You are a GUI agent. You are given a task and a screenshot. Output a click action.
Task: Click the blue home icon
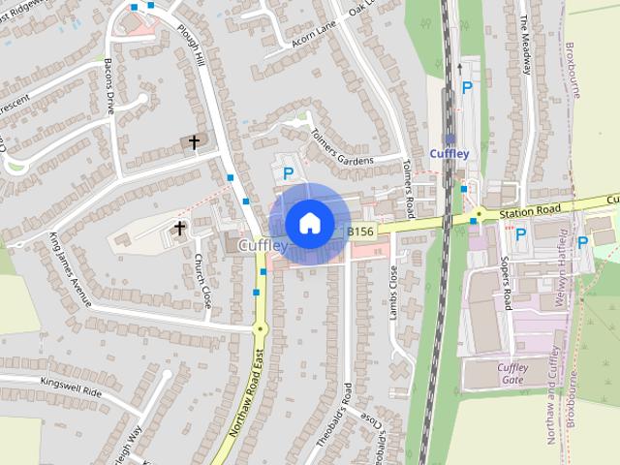[x=308, y=223]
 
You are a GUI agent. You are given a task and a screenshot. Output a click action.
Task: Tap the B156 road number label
[x=360, y=231]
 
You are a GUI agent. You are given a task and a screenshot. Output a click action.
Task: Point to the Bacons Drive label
[x=110, y=86]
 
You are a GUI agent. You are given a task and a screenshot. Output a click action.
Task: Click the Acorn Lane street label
[x=313, y=33]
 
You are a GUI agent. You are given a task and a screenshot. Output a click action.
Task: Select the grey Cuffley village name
[x=263, y=247]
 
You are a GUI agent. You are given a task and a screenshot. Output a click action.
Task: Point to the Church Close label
[x=203, y=280]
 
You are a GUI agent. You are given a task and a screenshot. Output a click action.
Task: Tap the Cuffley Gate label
[x=512, y=373]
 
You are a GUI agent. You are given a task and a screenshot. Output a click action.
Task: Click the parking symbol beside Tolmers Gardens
[x=288, y=173]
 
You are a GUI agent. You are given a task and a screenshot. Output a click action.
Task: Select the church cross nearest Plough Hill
[x=194, y=142]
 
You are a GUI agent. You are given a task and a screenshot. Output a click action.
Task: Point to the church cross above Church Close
[x=179, y=229]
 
